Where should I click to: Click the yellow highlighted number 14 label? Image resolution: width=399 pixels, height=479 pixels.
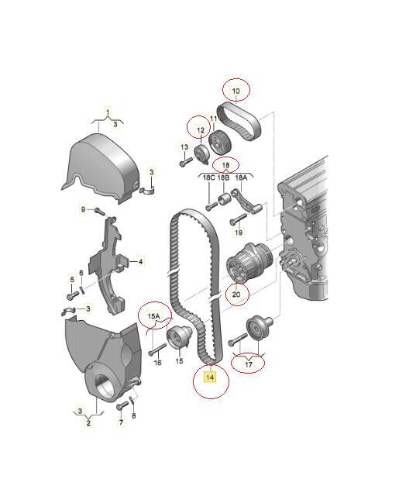(210, 377)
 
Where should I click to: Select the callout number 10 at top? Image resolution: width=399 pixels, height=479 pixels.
(236, 91)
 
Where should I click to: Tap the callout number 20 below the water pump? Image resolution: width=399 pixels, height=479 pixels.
(236, 295)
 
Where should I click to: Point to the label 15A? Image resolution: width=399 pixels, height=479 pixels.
(153, 316)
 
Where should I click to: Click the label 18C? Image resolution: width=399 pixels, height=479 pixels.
(209, 177)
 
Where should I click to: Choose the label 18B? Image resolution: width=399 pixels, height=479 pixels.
(223, 177)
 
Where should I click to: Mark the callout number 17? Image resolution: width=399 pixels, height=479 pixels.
(249, 364)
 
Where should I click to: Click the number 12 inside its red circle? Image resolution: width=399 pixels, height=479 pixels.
(201, 130)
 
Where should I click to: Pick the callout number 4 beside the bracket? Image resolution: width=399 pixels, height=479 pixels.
(140, 262)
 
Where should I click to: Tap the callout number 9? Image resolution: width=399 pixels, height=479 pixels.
(84, 209)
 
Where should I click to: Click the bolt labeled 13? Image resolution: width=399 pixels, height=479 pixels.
(186, 161)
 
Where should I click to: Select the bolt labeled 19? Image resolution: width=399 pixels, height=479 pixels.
(238, 219)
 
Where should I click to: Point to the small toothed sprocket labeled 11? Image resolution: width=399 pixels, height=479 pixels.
(220, 143)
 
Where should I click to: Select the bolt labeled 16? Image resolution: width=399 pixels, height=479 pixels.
(158, 349)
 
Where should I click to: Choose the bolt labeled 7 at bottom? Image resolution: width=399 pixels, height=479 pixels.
(122, 405)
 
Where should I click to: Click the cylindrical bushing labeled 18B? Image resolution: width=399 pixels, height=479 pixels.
(224, 199)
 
